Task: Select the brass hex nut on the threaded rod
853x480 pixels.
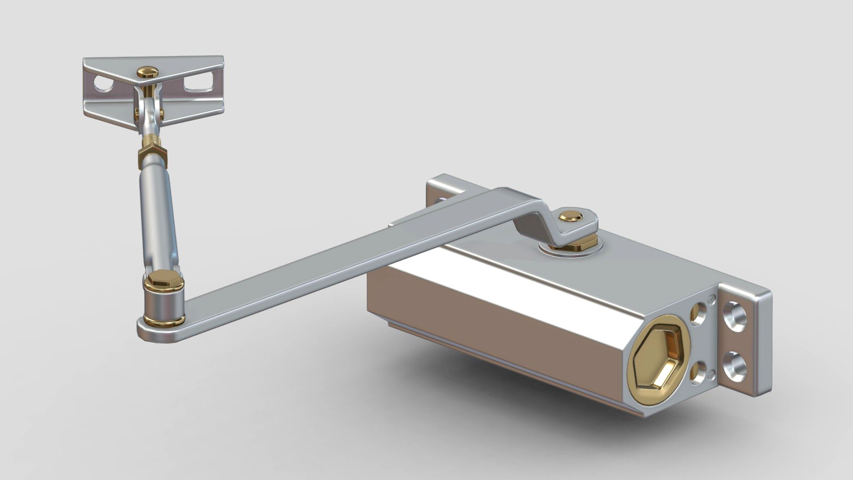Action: (152, 156)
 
